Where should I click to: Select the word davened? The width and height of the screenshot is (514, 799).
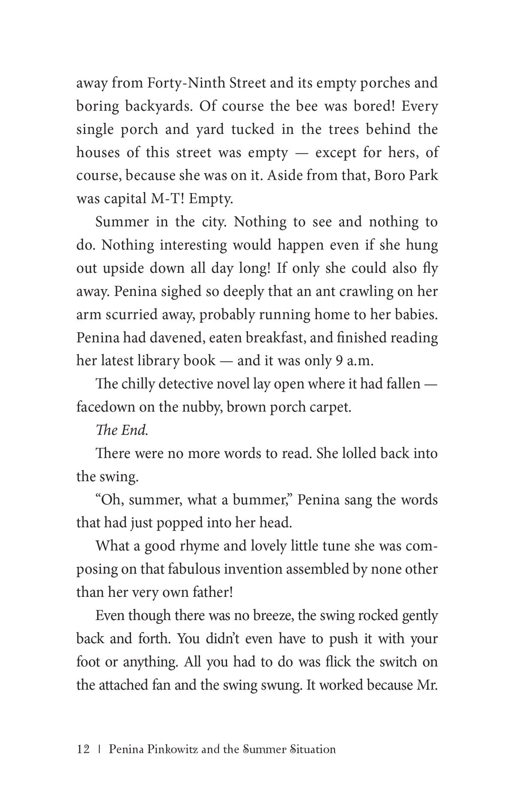[163, 338]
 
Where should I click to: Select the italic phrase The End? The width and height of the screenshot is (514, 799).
[122, 430]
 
